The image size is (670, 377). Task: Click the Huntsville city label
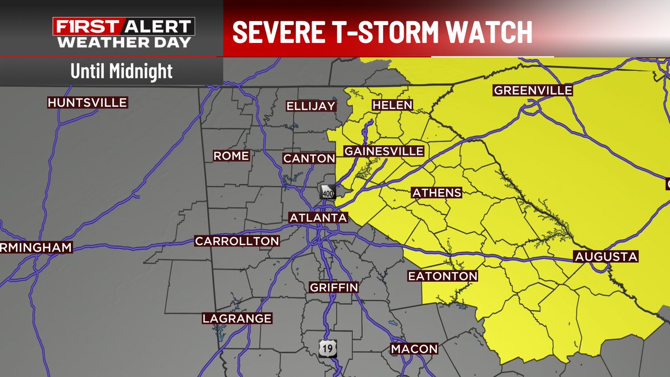tap(88, 103)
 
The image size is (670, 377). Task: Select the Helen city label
tap(393, 105)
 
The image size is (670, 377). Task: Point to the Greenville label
tap(533, 90)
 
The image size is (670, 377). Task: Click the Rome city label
tap(231, 156)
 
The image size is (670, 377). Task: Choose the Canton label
tap(309, 159)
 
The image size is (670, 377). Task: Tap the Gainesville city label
tap(384, 151)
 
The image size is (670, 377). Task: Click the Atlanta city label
tap(318, 217)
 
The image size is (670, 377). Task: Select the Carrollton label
tap(237, 241)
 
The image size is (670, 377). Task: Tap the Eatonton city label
tap(443, 276)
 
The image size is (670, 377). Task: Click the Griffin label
tap(334, 288)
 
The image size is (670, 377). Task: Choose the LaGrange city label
tap(237, 318)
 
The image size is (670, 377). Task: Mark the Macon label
tap(414, 349)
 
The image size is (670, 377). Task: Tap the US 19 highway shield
tap(327, 348)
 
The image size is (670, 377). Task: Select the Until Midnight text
tap(121, 71)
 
